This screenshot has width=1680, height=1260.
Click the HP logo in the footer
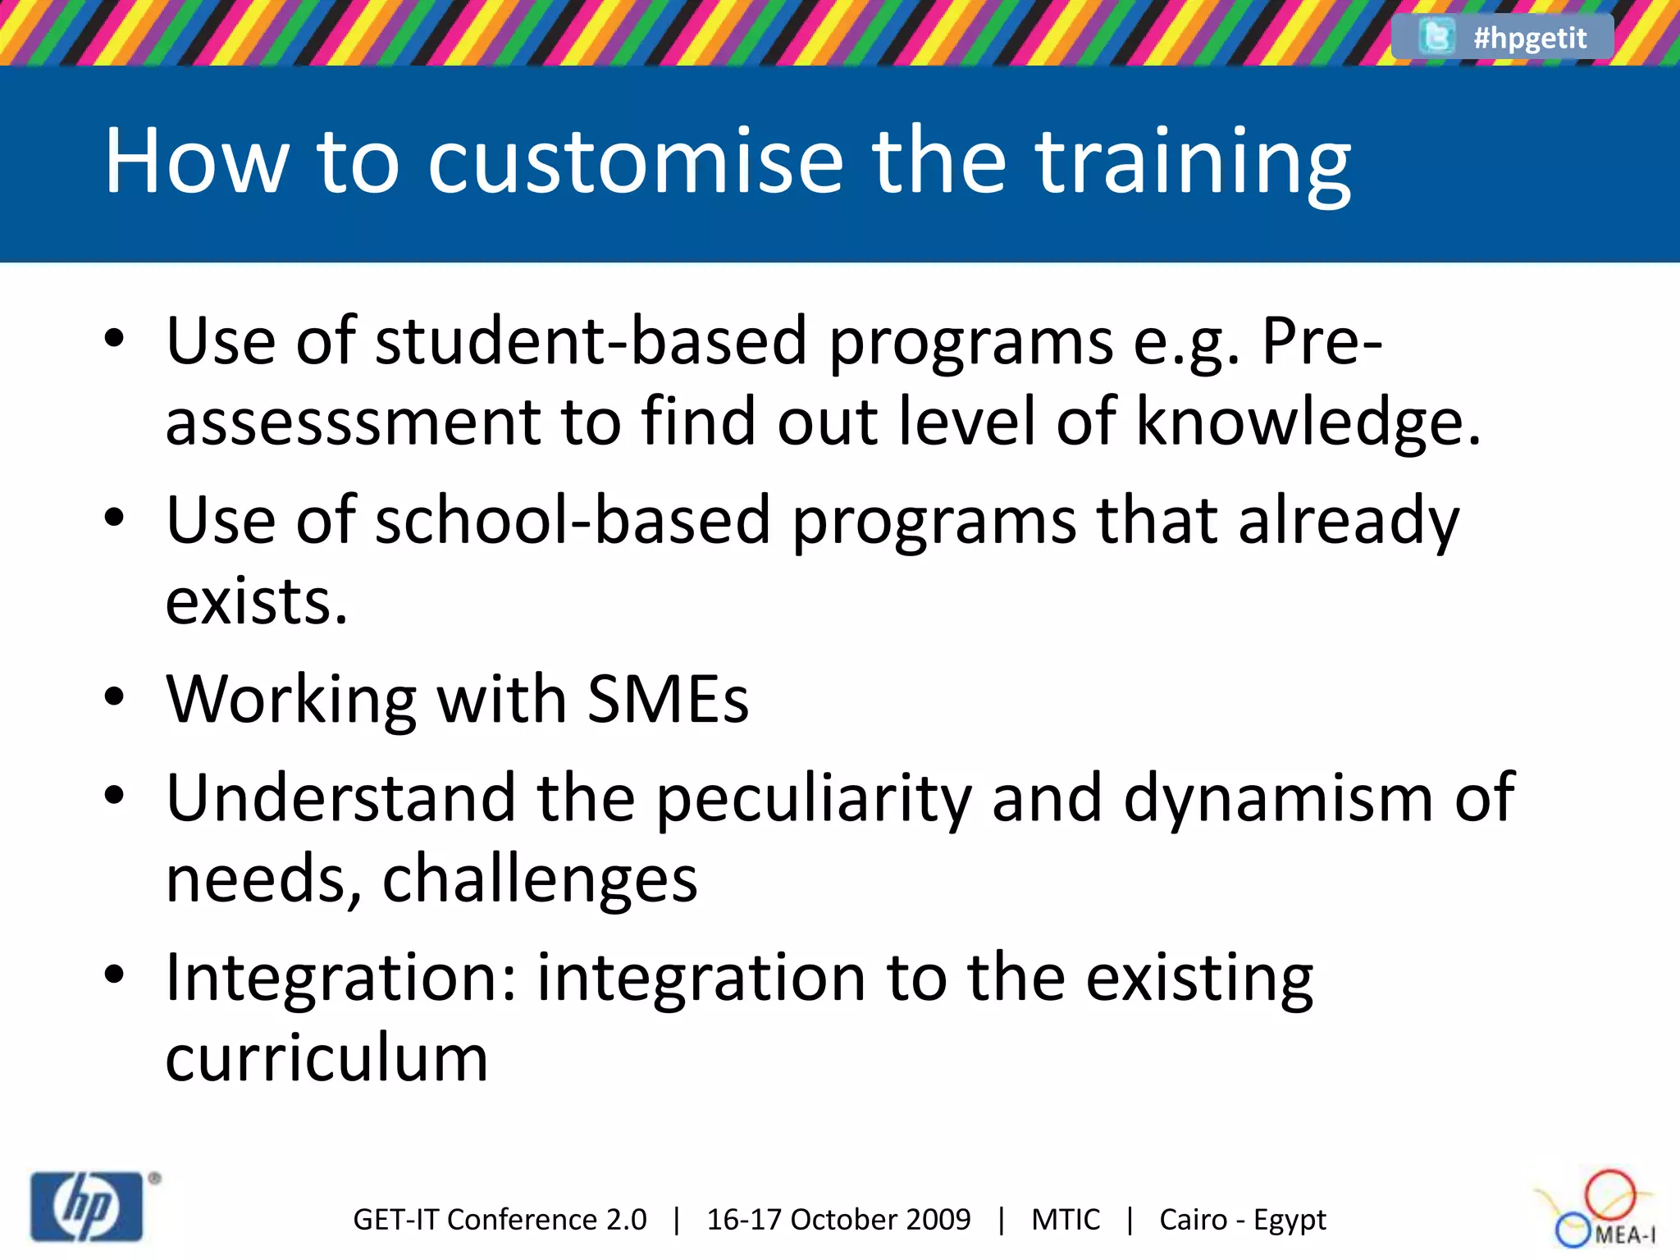[87, 1207]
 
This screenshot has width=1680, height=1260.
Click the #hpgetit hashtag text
[1529, 38]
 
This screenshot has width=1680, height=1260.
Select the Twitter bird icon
[1436, 37]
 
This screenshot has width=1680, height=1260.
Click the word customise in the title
[635, 162]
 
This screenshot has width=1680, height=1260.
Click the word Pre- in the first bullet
[1322, 341]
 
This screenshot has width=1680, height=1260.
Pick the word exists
[257, 601]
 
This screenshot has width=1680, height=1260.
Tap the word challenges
[540, 879]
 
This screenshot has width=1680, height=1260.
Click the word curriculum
[326, 1058]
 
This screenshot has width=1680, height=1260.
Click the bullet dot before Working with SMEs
[114, 698]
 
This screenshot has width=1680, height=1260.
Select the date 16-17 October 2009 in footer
[838, 1220]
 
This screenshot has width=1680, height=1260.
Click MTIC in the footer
[1065, 1220]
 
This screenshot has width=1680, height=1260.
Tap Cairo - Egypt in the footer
[1242, 1220]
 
